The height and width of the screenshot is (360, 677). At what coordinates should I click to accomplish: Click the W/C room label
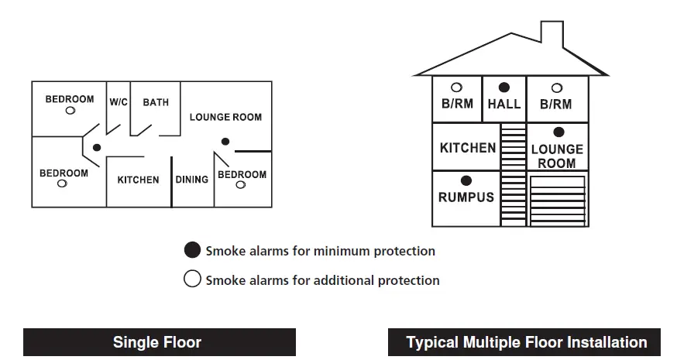point(119,101)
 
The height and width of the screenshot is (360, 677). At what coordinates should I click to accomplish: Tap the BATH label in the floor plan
point(155,101)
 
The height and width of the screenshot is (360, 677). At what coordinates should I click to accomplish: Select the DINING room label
point(191,180)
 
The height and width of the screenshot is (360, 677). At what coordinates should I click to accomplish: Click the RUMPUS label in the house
point(466,197)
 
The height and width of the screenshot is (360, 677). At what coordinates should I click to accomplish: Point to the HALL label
point(504,104)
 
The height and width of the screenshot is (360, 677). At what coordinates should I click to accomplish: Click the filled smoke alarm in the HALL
point(504,87)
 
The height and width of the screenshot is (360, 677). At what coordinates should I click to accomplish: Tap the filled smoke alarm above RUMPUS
point(466,181)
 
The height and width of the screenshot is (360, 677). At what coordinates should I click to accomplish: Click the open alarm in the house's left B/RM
point(457,87)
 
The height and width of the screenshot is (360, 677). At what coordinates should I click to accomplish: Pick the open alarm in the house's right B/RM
point(556,87)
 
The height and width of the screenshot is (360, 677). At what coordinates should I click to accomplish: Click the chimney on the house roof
point(551,35)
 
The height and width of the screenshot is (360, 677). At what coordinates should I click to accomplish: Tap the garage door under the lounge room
point(557,200)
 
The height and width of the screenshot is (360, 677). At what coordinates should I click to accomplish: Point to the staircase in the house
point(513,173)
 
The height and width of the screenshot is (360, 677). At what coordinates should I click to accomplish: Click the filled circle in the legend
point(192,250)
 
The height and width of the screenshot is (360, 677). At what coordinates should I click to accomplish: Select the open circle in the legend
point(192,279)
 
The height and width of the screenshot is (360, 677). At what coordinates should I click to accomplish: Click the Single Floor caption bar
point(158,342)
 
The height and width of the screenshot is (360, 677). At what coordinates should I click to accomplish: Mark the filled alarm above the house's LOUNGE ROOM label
point(558,132)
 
